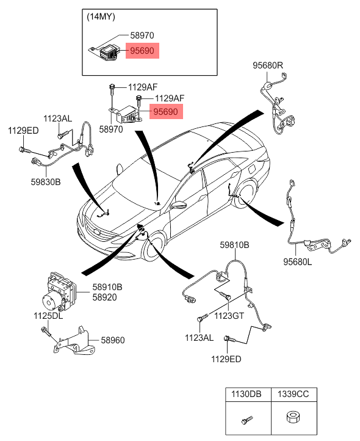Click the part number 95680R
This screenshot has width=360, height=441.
click(268, 65)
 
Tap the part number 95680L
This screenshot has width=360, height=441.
click(297, 261)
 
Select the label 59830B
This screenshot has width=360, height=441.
click(46, 181)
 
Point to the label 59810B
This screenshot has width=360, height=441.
click(235, 245)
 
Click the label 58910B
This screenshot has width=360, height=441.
click(107, 286)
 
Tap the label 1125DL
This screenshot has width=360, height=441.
click(48, 316)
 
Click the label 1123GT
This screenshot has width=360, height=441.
click(229, 316)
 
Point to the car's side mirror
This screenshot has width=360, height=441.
click(179, 205)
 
